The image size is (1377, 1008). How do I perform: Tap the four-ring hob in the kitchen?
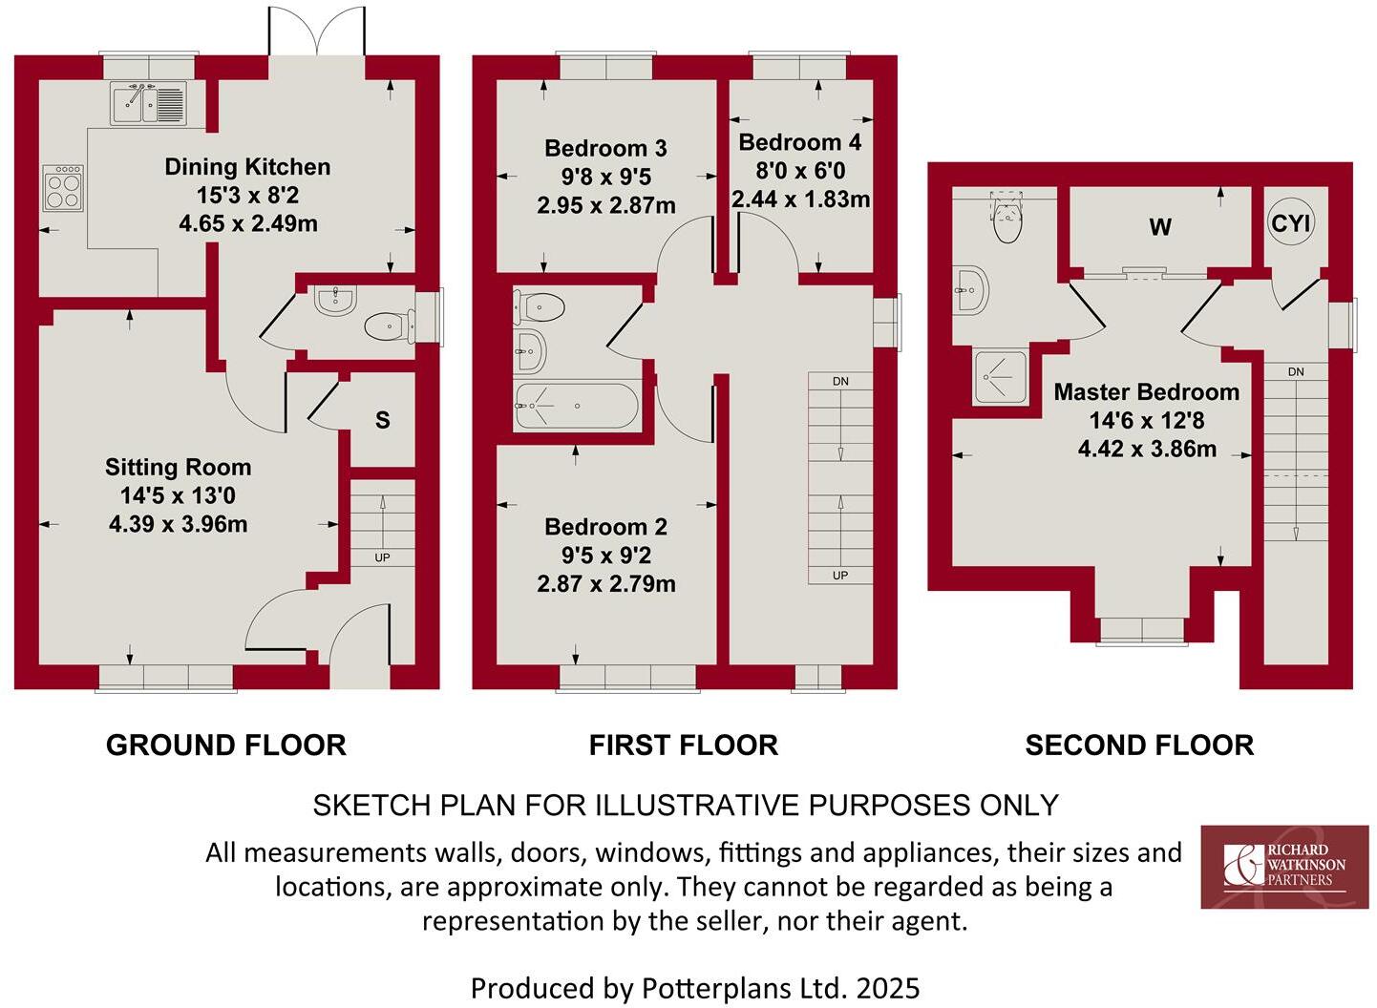pyautogui.click(x=64, y=188)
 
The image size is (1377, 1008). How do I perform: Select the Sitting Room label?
pyautogui.click(x=179, y=467)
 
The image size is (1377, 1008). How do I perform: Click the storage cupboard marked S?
pyautogui.click(x=383, y=420)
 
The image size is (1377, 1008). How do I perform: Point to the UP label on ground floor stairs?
pyautogui.click(x=382, y=557)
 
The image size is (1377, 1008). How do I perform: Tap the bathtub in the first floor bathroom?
pyautogui.click(x=576, y=407)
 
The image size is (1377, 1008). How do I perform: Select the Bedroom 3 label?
pyautogui.click(x=605, y=148)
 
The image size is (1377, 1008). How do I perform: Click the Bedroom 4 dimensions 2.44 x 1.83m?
pyautogui.click(x=800, y=199)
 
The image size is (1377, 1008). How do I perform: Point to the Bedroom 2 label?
pyautogui.click(x=605, y=527)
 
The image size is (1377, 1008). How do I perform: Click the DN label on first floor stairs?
pyautogui.click(x=840, y=382)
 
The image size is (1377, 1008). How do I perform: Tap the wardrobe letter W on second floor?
pyautogui.click(x=1160, y=227)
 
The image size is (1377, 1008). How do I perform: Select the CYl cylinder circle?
pyautogui.click(x=1291, y=223)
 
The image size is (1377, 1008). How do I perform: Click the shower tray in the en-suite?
pyautogui.click(x=1001, y=376)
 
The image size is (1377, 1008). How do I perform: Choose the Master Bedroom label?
pyautogui.click(x=1146, y=391)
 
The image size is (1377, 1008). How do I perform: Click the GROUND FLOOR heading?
pyautogui.click(x=225, y=745)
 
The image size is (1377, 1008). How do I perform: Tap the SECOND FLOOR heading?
pyautogui.click(x=1139, y=745)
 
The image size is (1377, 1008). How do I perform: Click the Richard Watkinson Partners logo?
pyautogui.click(x=1284, y=867)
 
